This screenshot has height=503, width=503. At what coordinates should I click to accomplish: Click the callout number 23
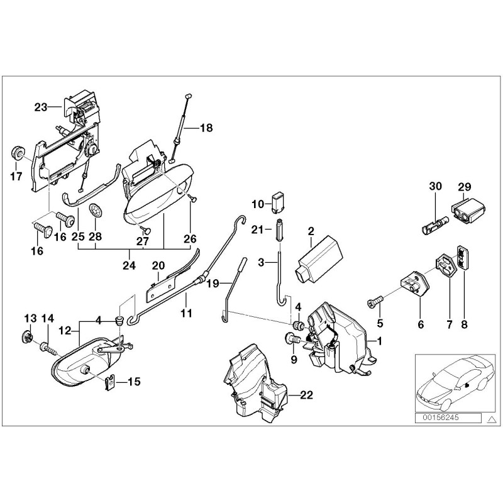41,108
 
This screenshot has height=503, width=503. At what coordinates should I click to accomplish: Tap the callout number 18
206,128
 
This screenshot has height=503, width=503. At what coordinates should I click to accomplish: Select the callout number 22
306,395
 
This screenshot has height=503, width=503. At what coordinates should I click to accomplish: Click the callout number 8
464,325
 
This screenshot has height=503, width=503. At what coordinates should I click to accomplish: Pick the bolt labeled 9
292,340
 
